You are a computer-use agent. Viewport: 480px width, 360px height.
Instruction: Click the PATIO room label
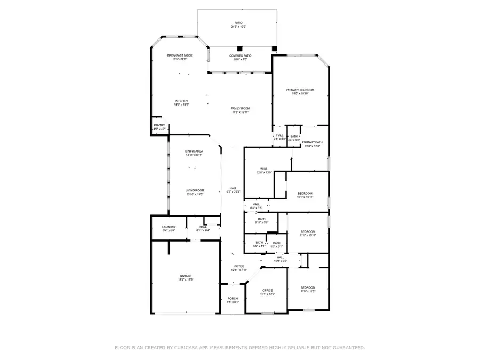tap(238, 23)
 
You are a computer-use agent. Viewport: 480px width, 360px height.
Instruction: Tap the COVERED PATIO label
tap(241, 55)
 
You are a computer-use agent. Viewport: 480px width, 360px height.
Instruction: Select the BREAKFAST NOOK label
tap(180, 55)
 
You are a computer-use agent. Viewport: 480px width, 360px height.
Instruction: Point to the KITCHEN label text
tap(181, 101)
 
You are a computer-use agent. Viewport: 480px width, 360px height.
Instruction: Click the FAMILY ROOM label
tap(240, 108)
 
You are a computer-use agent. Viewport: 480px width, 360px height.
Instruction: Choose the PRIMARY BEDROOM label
tap(300, 90)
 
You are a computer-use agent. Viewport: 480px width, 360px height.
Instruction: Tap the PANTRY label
tap(159, 125)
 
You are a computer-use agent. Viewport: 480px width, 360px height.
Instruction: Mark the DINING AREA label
tap(194, 151)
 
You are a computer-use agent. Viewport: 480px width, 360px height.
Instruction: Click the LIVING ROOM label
tap(195, 190)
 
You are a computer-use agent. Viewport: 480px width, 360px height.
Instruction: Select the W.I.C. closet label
tap(264, 169)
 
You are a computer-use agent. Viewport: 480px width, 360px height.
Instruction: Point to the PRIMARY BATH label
tap(313, 142)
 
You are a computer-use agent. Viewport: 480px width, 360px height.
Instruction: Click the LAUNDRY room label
tap(169, 227)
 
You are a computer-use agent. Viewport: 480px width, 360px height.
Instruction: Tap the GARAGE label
tap(186, 276)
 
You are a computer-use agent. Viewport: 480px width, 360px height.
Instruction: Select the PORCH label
tap(233, 298)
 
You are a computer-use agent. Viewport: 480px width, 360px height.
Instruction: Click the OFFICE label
tap(267, 291)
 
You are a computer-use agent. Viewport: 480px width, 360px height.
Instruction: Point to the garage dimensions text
tap(186, 279)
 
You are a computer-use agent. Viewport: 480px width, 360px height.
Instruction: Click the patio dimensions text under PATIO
tap(238, 27)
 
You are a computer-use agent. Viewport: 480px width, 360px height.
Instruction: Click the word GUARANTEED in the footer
tap(345, 348)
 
